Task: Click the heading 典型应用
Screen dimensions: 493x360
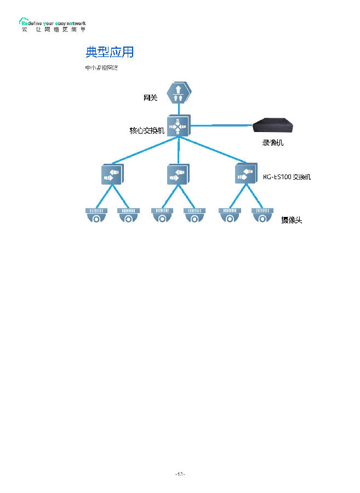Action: (x=110, y=52)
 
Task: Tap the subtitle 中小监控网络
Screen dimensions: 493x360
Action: (x=101, y=68)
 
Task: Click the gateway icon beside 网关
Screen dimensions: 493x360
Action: (x=178, y=93)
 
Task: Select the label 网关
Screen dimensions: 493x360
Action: (x=150, y=98)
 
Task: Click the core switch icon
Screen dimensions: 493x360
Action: (x=178, y=127)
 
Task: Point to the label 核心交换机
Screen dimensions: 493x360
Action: (x=147, y=131)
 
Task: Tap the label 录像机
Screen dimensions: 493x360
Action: (x=273, y=143)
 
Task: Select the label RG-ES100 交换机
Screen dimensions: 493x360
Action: (x=287, y=177)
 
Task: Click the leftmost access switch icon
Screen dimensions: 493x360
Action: (x=112, y=174)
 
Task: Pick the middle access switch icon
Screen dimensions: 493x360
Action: (x=178, y=174)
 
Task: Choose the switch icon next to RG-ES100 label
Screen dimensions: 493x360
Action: (x=245, y=174)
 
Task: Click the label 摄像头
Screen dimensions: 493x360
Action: (x=292, y=220)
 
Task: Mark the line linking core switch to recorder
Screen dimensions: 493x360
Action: (x=222, y=125)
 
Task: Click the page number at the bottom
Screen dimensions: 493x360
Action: (x=180, y=474)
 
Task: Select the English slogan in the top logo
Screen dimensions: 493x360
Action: (x=54, y=24)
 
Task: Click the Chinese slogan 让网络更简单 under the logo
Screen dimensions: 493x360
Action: (x=54, y=30)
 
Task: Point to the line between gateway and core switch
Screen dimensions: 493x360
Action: (x=178, y=109)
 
